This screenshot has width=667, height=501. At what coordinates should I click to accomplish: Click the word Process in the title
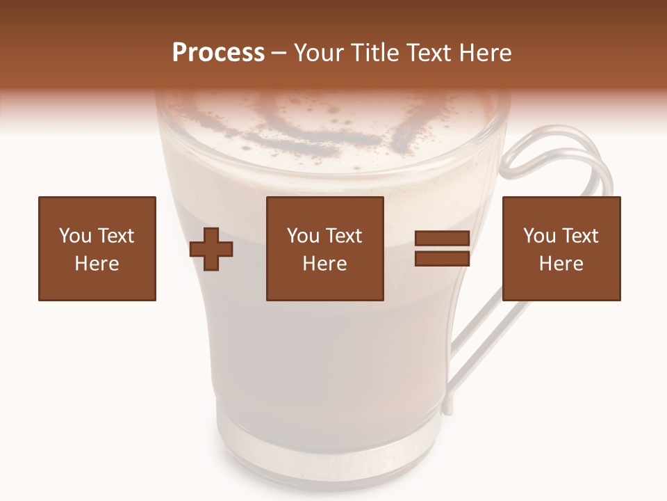pyautogui.click(x=218, y=53)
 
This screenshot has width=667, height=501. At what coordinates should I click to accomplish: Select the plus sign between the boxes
pyautogui.click(x=211, y=249)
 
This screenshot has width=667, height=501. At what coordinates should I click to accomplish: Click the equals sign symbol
pyautogui.click(x=442, y=248)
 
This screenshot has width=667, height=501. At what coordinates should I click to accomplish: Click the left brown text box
pyautogui.click(x=97, y=248)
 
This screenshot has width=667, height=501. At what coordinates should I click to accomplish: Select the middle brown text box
pyautogui.click(x=324, y=248)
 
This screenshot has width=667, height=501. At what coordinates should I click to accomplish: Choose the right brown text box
pyautogui.click(x=561, y=248)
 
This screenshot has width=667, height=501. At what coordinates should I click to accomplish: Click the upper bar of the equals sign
pyautogui.click(x=442, y=239)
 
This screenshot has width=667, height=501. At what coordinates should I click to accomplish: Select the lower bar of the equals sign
pyautogui.click(x=442, y=258)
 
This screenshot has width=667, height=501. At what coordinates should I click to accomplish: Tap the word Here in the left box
pyautogui.click(x=97, y=264)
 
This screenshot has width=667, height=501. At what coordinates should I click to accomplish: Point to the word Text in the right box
pyautogui.click(x=579, y=236)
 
